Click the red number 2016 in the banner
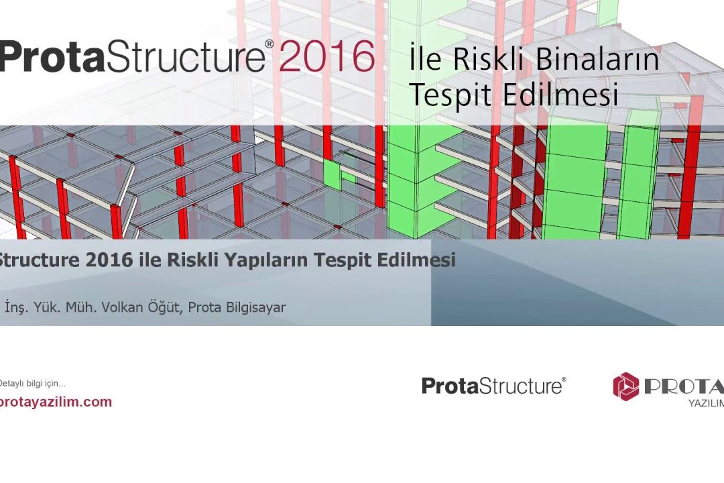[326, 56]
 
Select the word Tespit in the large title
[450, 95]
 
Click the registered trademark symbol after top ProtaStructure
[269, 44]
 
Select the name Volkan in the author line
[122, 307]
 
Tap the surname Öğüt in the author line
[164, 307]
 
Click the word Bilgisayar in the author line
[255, 307]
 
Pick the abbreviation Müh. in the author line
[80, 307]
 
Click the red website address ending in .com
[56, 402]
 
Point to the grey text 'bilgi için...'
[46, 384]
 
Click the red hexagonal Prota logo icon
[626, 386]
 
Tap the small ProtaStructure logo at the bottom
[493, 386]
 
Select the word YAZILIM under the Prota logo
[706, 403]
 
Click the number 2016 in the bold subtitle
[109, 260]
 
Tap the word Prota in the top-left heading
[52, 56]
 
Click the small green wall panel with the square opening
[341, 174]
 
